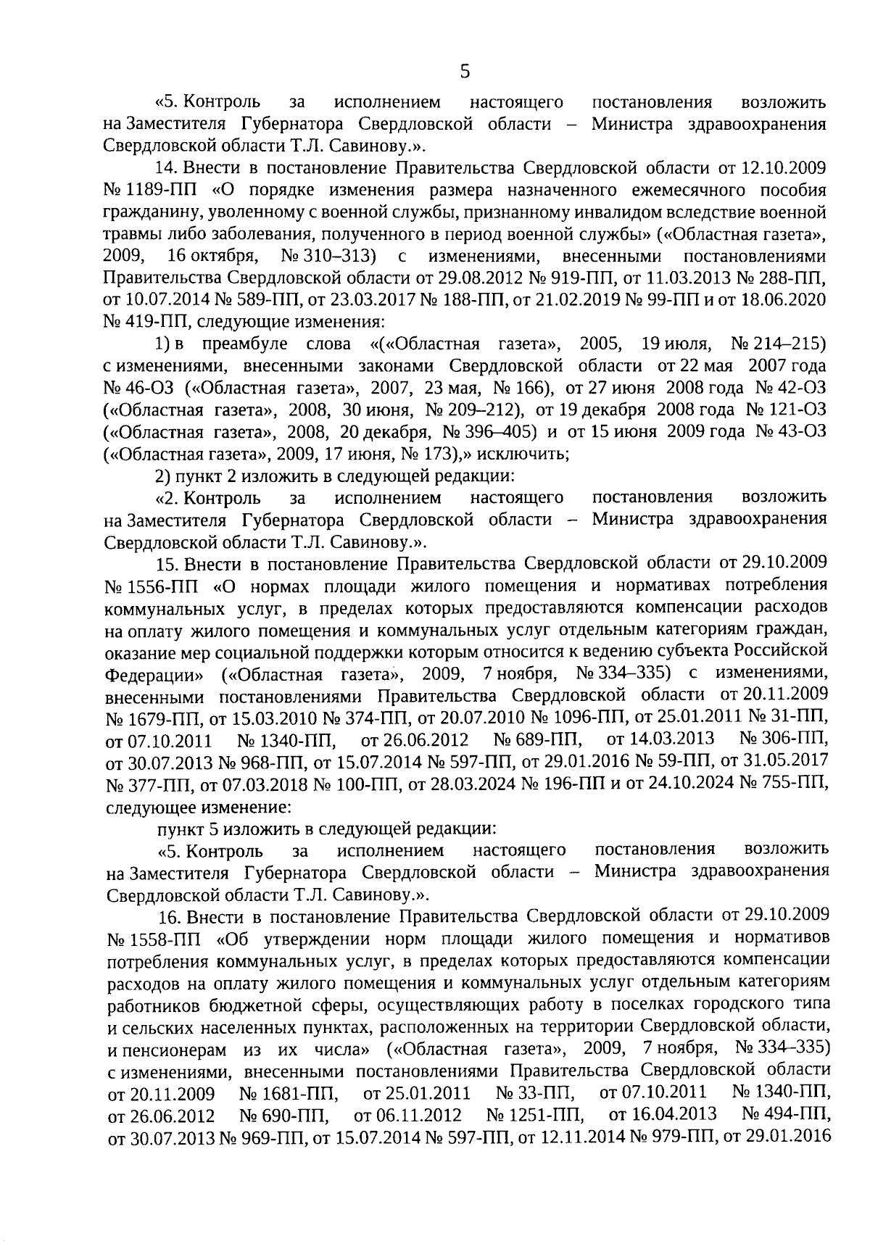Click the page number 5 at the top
[x=465, y=72]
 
